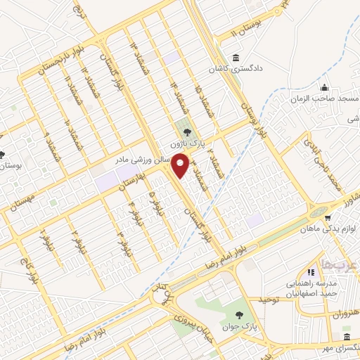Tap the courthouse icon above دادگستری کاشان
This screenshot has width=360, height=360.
pos(234,58)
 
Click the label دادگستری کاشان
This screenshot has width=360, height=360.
pos(234,70)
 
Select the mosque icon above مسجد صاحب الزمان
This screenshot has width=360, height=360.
pos(323,88)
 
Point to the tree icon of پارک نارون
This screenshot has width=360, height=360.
pos(186,130)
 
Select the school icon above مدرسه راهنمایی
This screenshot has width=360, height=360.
pos(309,272)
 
